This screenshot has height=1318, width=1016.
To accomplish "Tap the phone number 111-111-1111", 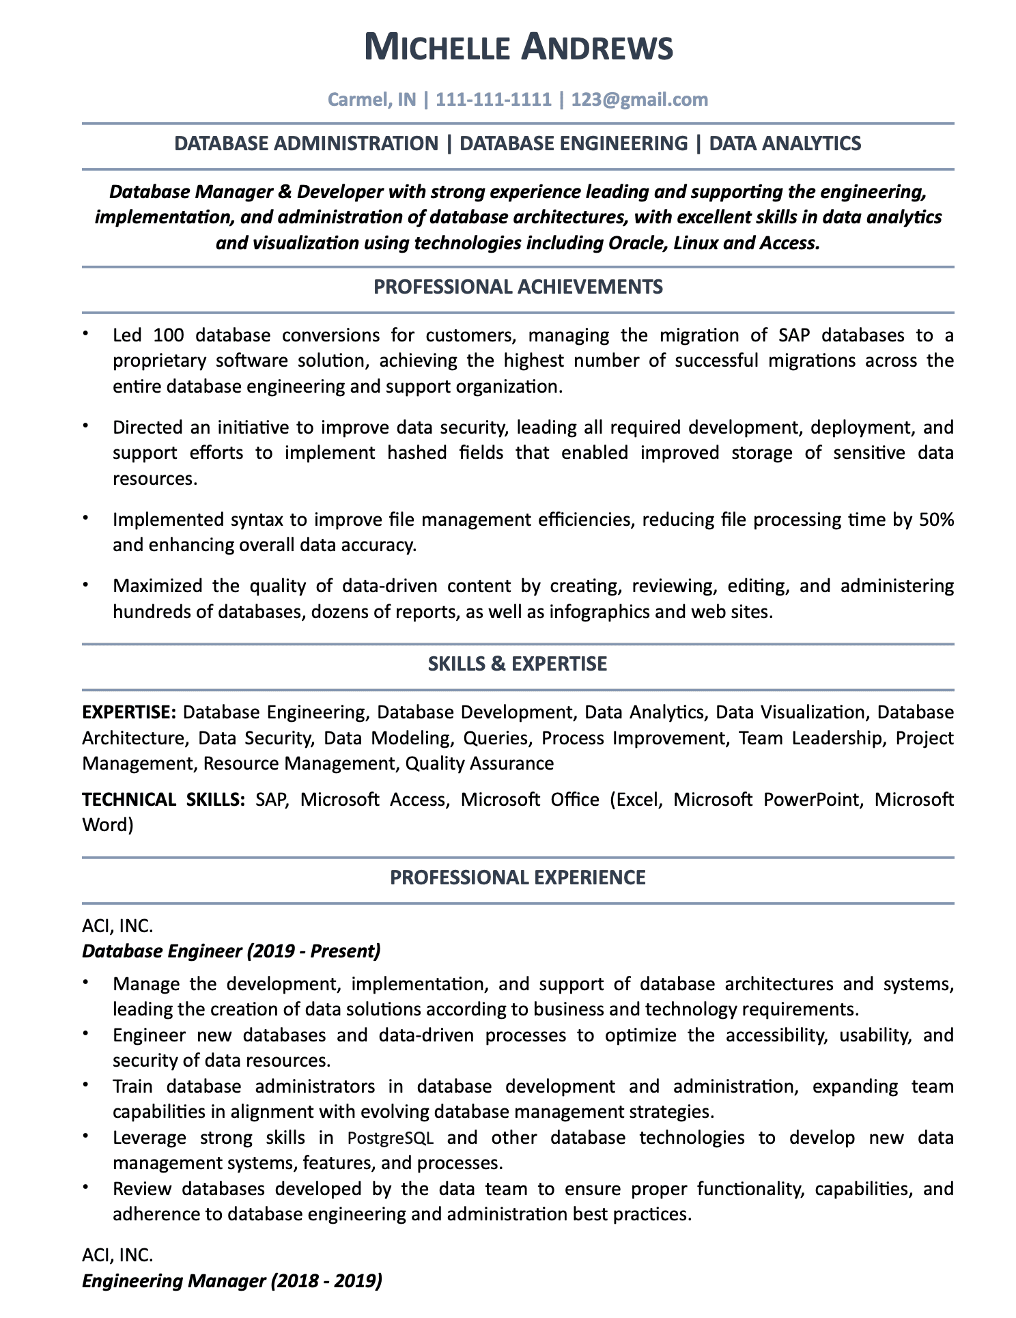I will click(x=493, y=100).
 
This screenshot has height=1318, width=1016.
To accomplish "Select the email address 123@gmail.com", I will click(x=640, y=100).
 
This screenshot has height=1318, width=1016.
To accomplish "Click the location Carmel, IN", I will click(x=372, y=100).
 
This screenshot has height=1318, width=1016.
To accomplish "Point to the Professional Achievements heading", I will click(x=518, y=287).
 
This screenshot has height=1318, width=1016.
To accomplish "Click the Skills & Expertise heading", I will click(x=517, y=664).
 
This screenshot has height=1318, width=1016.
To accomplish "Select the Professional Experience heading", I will click(x=518, y=878).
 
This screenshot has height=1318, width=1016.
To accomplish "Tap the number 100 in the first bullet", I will click(x=168, y=335).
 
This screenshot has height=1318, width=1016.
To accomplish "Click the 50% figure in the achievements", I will click(x=936, y=520).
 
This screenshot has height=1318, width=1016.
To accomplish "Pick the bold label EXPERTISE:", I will click(x=130, y=712).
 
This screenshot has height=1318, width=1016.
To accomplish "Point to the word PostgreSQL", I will click(x=390, y=1138).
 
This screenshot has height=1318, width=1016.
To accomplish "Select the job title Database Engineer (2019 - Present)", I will click(x=231, y=951).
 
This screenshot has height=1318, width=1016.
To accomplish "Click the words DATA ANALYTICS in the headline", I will click(x=785, y=143).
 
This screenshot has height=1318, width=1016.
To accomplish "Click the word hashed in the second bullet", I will click(x=417, y=453).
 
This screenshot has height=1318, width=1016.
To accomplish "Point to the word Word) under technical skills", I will click(x=108, y=825).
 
